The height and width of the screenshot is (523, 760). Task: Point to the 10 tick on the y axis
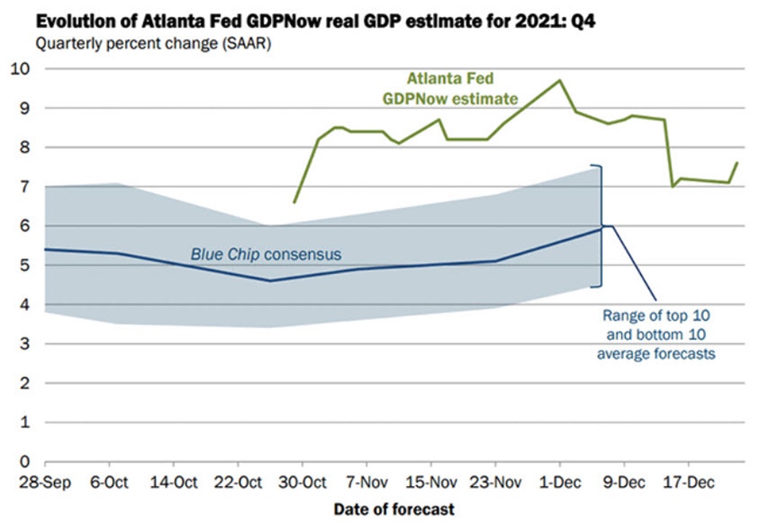click(x=24, y=68)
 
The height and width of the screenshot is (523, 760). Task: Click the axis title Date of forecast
click(x=394, y=510)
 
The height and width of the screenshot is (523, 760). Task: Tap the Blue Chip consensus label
click(x=266, y=253)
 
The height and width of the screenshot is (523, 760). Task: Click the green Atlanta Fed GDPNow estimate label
click(x=462, y=89)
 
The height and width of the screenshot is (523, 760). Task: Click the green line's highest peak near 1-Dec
click(x=559, y=80)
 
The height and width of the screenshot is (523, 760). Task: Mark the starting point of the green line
click(x=294, y=202)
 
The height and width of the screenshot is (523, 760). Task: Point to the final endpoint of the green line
click(x=737, y=163)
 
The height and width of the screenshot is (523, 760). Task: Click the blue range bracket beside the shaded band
click(x=600, y=226)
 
